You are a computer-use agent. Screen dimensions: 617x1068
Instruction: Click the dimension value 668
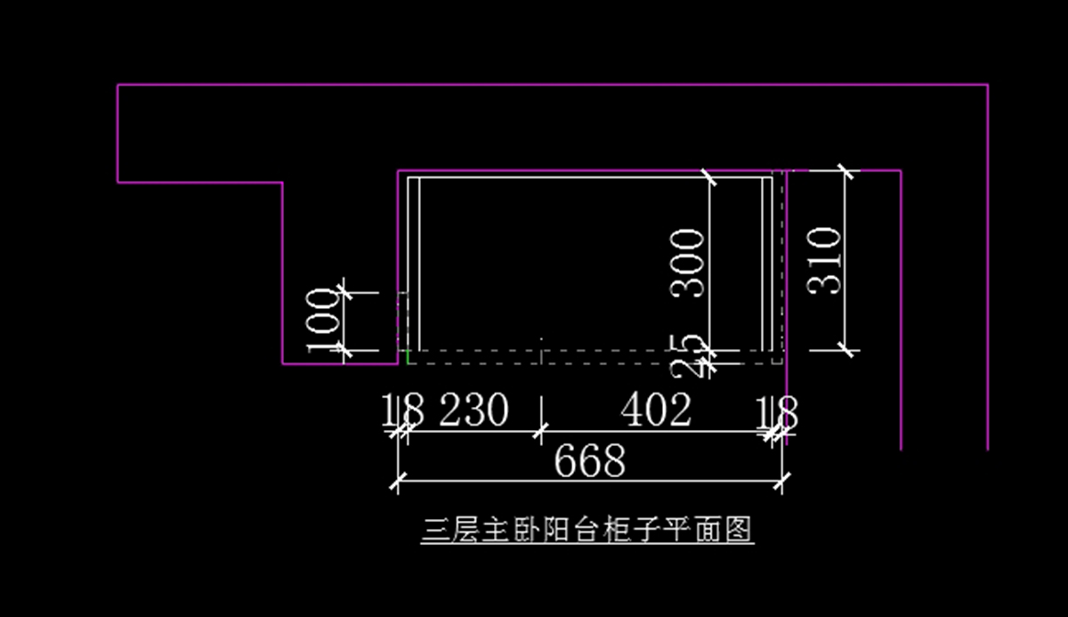click(589, 462)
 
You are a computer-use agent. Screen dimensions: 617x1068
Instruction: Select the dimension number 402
click(656, 410)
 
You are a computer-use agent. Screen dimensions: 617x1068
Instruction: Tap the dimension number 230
click(473, 410)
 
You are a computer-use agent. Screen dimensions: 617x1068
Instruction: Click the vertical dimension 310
click(824, 260)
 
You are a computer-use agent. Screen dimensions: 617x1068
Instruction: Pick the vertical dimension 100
click(323, 320)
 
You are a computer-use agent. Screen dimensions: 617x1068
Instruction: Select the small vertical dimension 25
click(692, 355)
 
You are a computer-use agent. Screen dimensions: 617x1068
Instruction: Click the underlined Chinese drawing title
click(587, 531)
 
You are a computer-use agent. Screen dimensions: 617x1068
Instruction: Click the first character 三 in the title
click(433, 531)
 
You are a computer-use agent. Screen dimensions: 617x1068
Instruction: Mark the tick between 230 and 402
click(539, 433)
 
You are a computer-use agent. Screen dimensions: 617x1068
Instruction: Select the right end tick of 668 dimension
click(781, 482)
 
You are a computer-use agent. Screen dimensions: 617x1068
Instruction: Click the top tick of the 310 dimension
click(845, 170)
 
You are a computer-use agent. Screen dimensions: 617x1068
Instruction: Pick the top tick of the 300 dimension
click(709, 176)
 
